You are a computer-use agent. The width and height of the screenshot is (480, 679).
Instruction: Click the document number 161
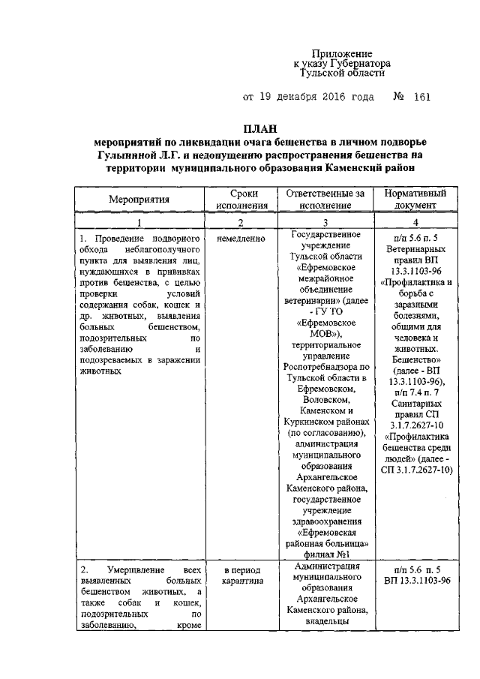(422, 98)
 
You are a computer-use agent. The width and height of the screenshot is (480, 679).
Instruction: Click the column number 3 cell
(325, 222)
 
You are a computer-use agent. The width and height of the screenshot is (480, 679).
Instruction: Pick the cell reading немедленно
(241, 239)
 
